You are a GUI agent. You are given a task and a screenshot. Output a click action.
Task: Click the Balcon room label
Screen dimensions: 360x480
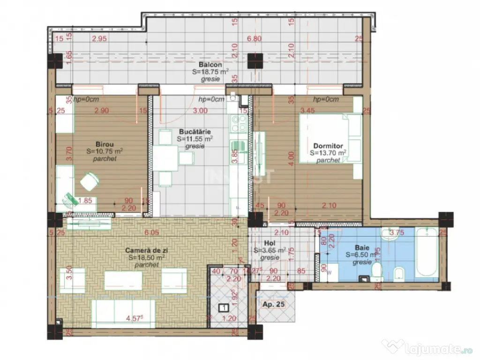pyautogui.click(x=210, y=65)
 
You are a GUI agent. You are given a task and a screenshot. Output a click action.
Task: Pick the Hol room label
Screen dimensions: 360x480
pyautogui.click(x=269, y=243)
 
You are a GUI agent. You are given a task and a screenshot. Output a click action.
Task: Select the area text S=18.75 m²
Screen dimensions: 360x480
pyautogui.click(x=210, y=72)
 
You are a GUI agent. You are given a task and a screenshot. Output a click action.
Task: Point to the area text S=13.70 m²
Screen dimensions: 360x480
pyautogui.click(x=328, y=153)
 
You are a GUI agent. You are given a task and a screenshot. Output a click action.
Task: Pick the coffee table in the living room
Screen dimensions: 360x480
pyautogui.click(x=123, y=280)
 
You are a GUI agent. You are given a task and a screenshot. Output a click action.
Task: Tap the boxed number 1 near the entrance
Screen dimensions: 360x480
pyautogui.click(x=223, y=307)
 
